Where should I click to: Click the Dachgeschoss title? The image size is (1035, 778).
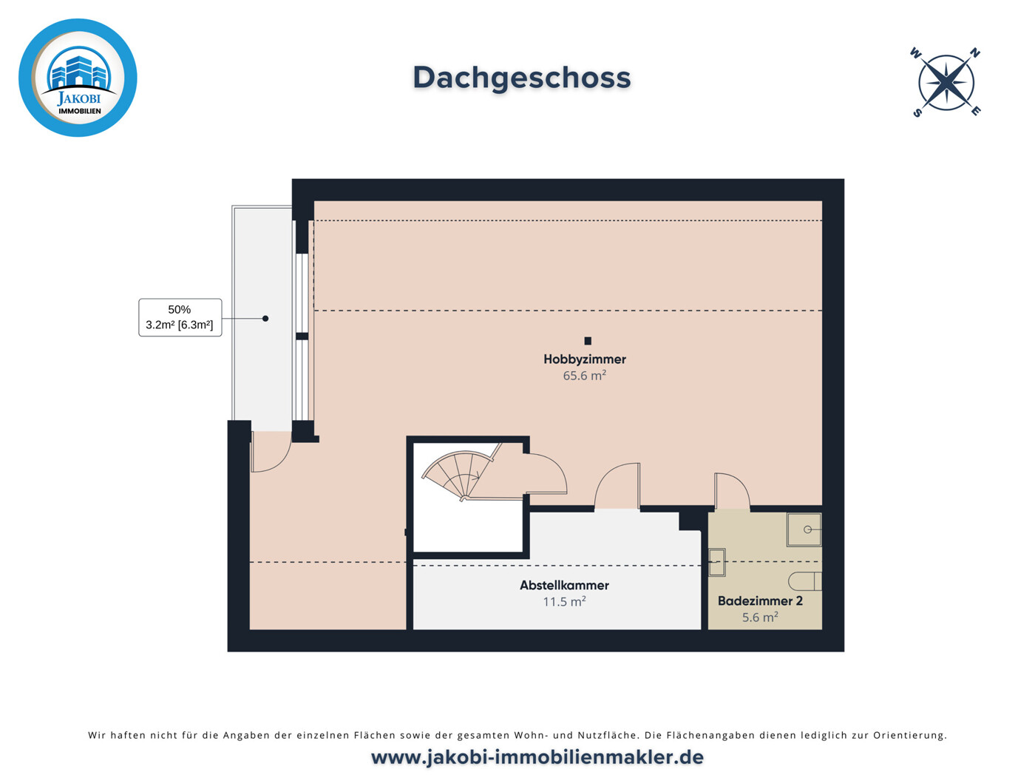521,78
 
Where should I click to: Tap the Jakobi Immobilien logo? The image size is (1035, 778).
78,78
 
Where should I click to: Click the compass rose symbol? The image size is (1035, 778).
946,82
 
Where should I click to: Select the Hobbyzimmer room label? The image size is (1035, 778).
584,359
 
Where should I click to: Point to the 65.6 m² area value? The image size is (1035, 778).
584,376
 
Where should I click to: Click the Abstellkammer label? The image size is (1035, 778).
564,585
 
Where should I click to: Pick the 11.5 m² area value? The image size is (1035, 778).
564,602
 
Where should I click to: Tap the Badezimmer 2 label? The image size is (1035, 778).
760,601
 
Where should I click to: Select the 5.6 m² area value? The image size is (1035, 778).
760,618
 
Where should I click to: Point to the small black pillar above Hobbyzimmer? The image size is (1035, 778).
588,341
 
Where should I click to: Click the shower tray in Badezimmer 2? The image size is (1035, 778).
804,530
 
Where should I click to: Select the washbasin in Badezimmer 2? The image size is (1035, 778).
716,562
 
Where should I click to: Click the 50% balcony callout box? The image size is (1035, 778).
180,317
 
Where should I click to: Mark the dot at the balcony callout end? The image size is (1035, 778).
265,319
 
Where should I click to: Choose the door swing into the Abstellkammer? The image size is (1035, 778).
618,487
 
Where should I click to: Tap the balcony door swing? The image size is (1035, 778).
269,453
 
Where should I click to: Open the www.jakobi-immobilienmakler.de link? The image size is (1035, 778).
537,757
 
